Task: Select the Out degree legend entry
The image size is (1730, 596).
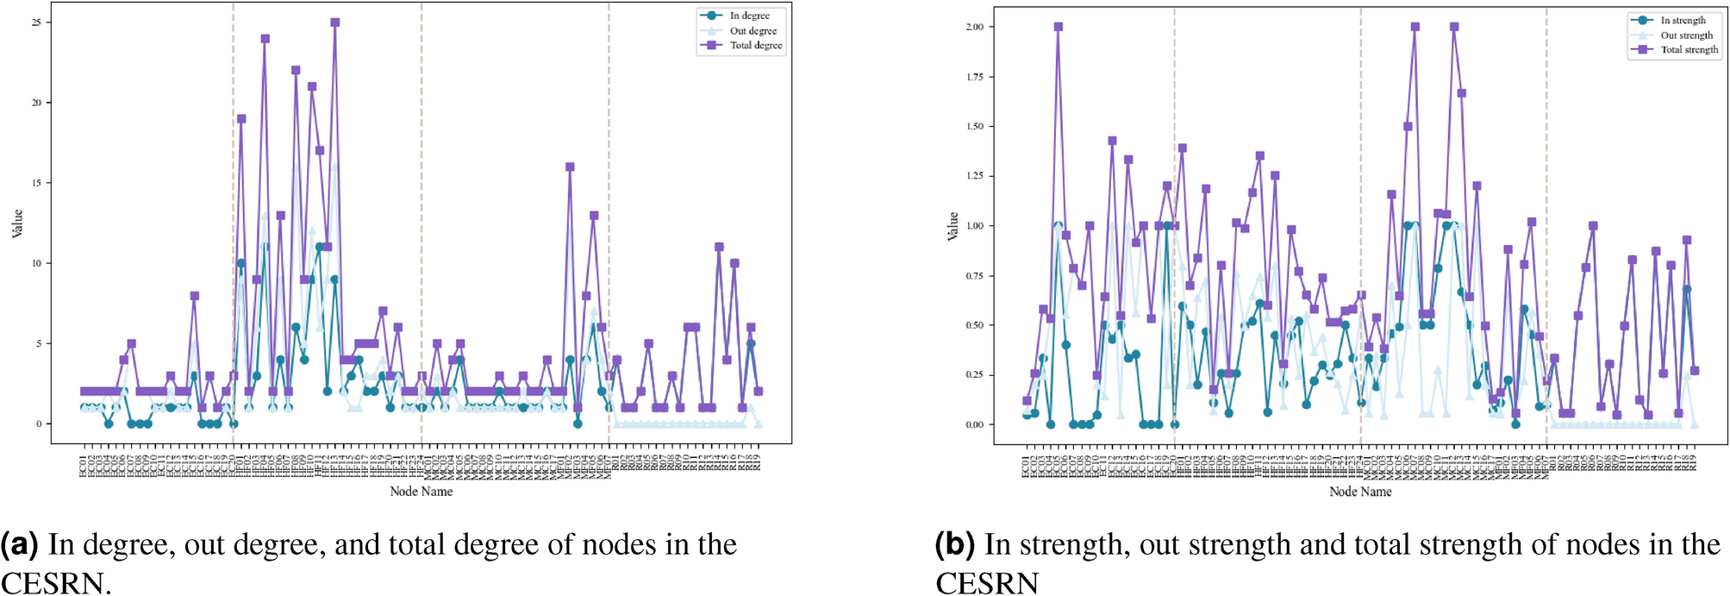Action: [753, 31]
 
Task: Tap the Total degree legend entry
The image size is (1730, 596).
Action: [755, 46]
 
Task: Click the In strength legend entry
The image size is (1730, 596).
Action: [1682, 20]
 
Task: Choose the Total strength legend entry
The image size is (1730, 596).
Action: [1689, 50]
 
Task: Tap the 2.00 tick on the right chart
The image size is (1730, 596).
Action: [974, 27]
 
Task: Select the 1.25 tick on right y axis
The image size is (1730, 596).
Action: [974, 176]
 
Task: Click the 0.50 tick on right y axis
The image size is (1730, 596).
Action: [974, 325]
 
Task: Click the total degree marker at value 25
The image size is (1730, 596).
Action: [334, 22]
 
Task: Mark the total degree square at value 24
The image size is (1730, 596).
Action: [265, 39]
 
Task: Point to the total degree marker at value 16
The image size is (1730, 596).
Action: [570, 167]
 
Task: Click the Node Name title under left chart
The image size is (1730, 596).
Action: [421, 492]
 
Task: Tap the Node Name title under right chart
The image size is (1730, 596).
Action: [1360, 492]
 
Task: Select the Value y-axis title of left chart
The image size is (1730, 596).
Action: [17, 223]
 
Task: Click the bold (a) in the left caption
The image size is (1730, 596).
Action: [19, 545]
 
